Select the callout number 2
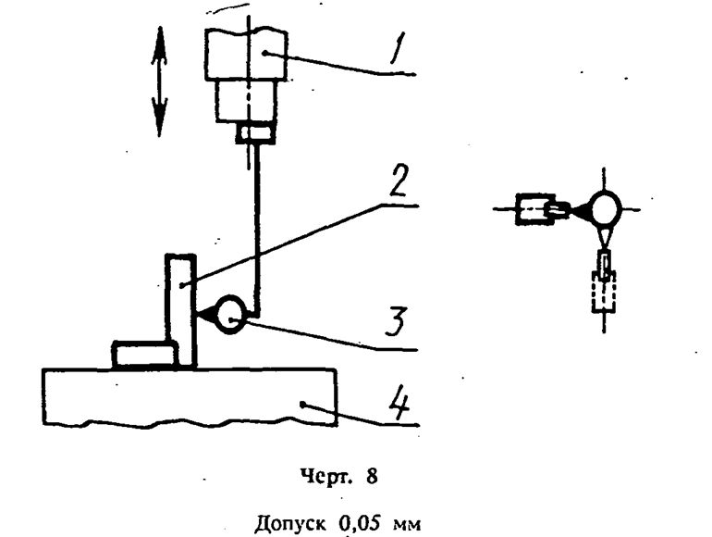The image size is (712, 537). click(399, 180)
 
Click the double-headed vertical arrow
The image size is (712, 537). click(159, 81)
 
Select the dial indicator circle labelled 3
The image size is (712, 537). click(230, 314)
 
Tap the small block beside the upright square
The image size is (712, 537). click(143, 354)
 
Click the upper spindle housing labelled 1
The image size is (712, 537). click(246, 55)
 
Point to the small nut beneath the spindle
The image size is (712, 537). click(255, 134)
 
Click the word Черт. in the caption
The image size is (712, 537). click(325, 477)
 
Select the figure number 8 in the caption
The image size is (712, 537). click(372, 476)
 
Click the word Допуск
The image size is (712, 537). click(290, 524)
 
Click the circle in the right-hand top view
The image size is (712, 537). click(604, 208)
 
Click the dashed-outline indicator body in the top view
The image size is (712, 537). click(604, 292)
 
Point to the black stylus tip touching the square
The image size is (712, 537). click(205, 314)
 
